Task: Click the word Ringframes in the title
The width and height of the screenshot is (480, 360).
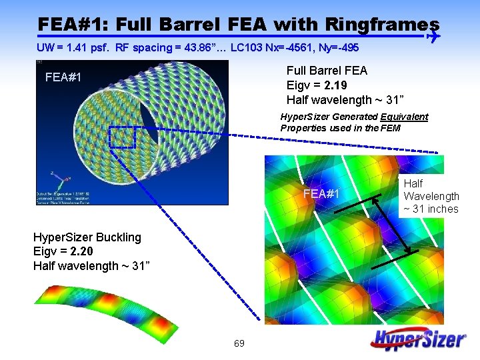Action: pyautogui.click(x=383, y=25)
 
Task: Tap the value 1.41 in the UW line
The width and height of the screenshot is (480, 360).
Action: pyautogui.click(x=77, y=48)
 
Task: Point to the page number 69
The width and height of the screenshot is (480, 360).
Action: pyautogui.click(x=239, y=344)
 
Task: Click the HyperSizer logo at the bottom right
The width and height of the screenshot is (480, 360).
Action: pyautogui.click(x=419, y=339)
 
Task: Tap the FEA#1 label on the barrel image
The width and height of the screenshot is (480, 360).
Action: pyautogui.click(x=63, y=77)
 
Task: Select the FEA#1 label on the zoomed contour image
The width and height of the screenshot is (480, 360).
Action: pyautogui.click(x=322, y=194)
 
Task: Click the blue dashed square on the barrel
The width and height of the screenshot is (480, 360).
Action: pyautogui.click(x=122, y=137)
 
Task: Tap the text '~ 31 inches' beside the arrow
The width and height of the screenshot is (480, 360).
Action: pyautogui.click(x=431, y=209)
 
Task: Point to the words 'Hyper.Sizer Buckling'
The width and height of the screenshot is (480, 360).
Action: pyautogui.click(x=87, y=237)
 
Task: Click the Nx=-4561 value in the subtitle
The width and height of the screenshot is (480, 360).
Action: pyautogui.click(x=291, y=48)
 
